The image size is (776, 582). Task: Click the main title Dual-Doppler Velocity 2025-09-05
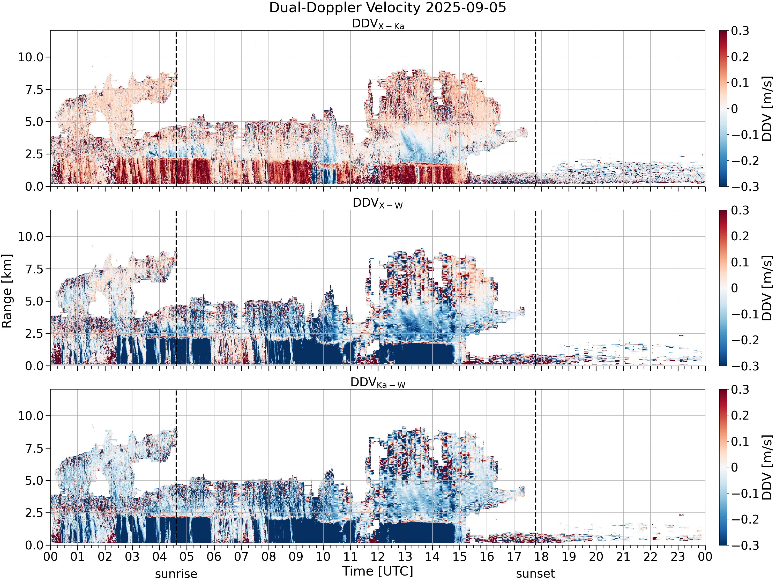pos(388,8)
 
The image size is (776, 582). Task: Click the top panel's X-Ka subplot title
pos(378,24)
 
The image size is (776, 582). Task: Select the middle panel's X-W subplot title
pos(378,204)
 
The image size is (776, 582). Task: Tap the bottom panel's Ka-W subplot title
pos(378,383)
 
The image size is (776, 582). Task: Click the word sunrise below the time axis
pos(176,574)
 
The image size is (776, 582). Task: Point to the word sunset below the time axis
pos(535,574)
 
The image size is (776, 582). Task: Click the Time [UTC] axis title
pos(378,571)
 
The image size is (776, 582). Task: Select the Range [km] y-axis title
pos(7,291)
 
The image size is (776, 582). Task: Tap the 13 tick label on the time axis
pos(405,557)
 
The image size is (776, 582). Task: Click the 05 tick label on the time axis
pos(187,557)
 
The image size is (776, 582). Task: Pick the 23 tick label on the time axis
pos(678,557)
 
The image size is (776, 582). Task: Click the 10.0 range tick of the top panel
pos(31,57)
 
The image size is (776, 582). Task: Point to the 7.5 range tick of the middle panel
pos(34,269)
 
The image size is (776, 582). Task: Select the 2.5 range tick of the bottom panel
pos(34,513)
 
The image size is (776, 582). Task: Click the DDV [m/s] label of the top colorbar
pos(767,108)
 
